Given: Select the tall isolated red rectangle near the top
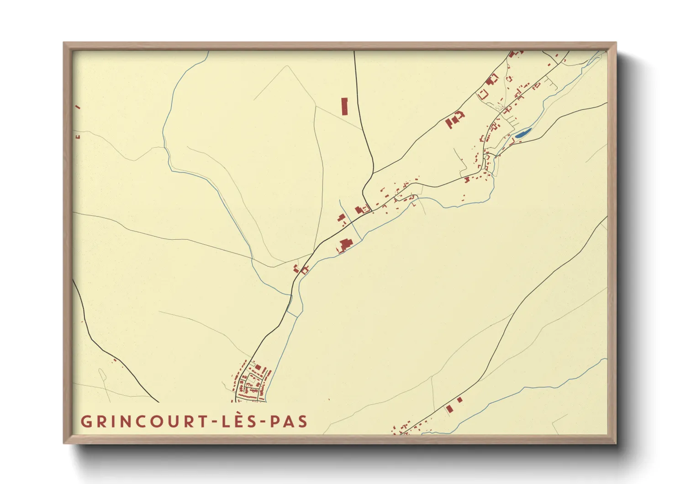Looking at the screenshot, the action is (x=344, y=106).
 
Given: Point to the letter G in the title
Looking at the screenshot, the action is (x=86, y=421).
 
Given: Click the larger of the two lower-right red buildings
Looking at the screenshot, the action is (x=449, y=409).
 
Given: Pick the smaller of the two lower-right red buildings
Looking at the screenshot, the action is (x=459, y=400).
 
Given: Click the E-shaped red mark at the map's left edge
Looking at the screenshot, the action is (x=78, y=136).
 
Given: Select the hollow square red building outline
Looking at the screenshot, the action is (x=483, y=95).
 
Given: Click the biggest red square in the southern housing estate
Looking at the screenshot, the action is (x=258, y=367).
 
